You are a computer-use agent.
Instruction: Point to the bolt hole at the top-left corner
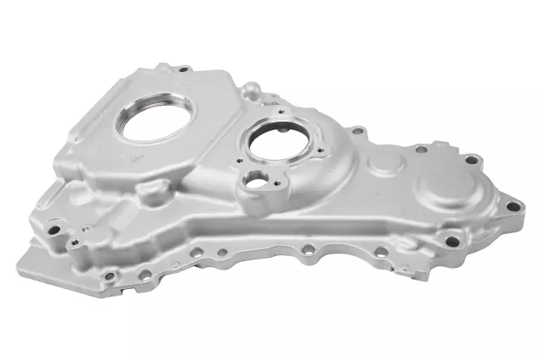tap(183, 69)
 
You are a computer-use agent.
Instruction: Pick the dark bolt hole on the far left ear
tap(53, 229)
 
